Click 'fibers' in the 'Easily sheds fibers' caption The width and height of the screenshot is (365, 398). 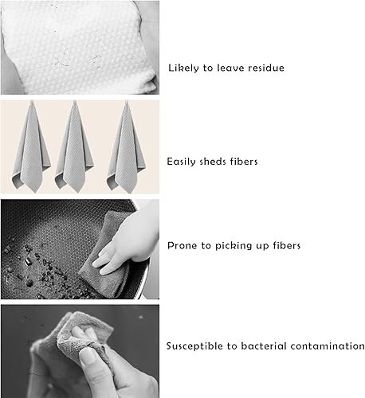(x=244, y=162)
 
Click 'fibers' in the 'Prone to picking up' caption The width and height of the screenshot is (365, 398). (x=287, y=245)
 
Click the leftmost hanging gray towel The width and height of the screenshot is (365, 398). (x=31, y=149)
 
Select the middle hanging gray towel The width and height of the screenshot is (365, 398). (x=74, y=149)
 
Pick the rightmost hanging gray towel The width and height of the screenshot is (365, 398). (x=127, y=149)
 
